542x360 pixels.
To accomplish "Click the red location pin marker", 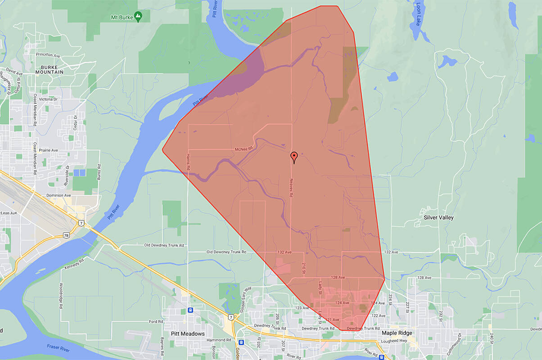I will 294,157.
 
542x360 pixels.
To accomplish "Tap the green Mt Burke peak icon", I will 138,17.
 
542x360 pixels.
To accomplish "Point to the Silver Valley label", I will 438,217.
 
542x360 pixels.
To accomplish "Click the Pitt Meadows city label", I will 188,334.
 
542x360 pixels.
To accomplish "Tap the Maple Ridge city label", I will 397,333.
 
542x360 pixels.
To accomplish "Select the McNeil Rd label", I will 244,148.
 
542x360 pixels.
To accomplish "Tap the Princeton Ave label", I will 48,55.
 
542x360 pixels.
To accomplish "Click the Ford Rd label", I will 156,322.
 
